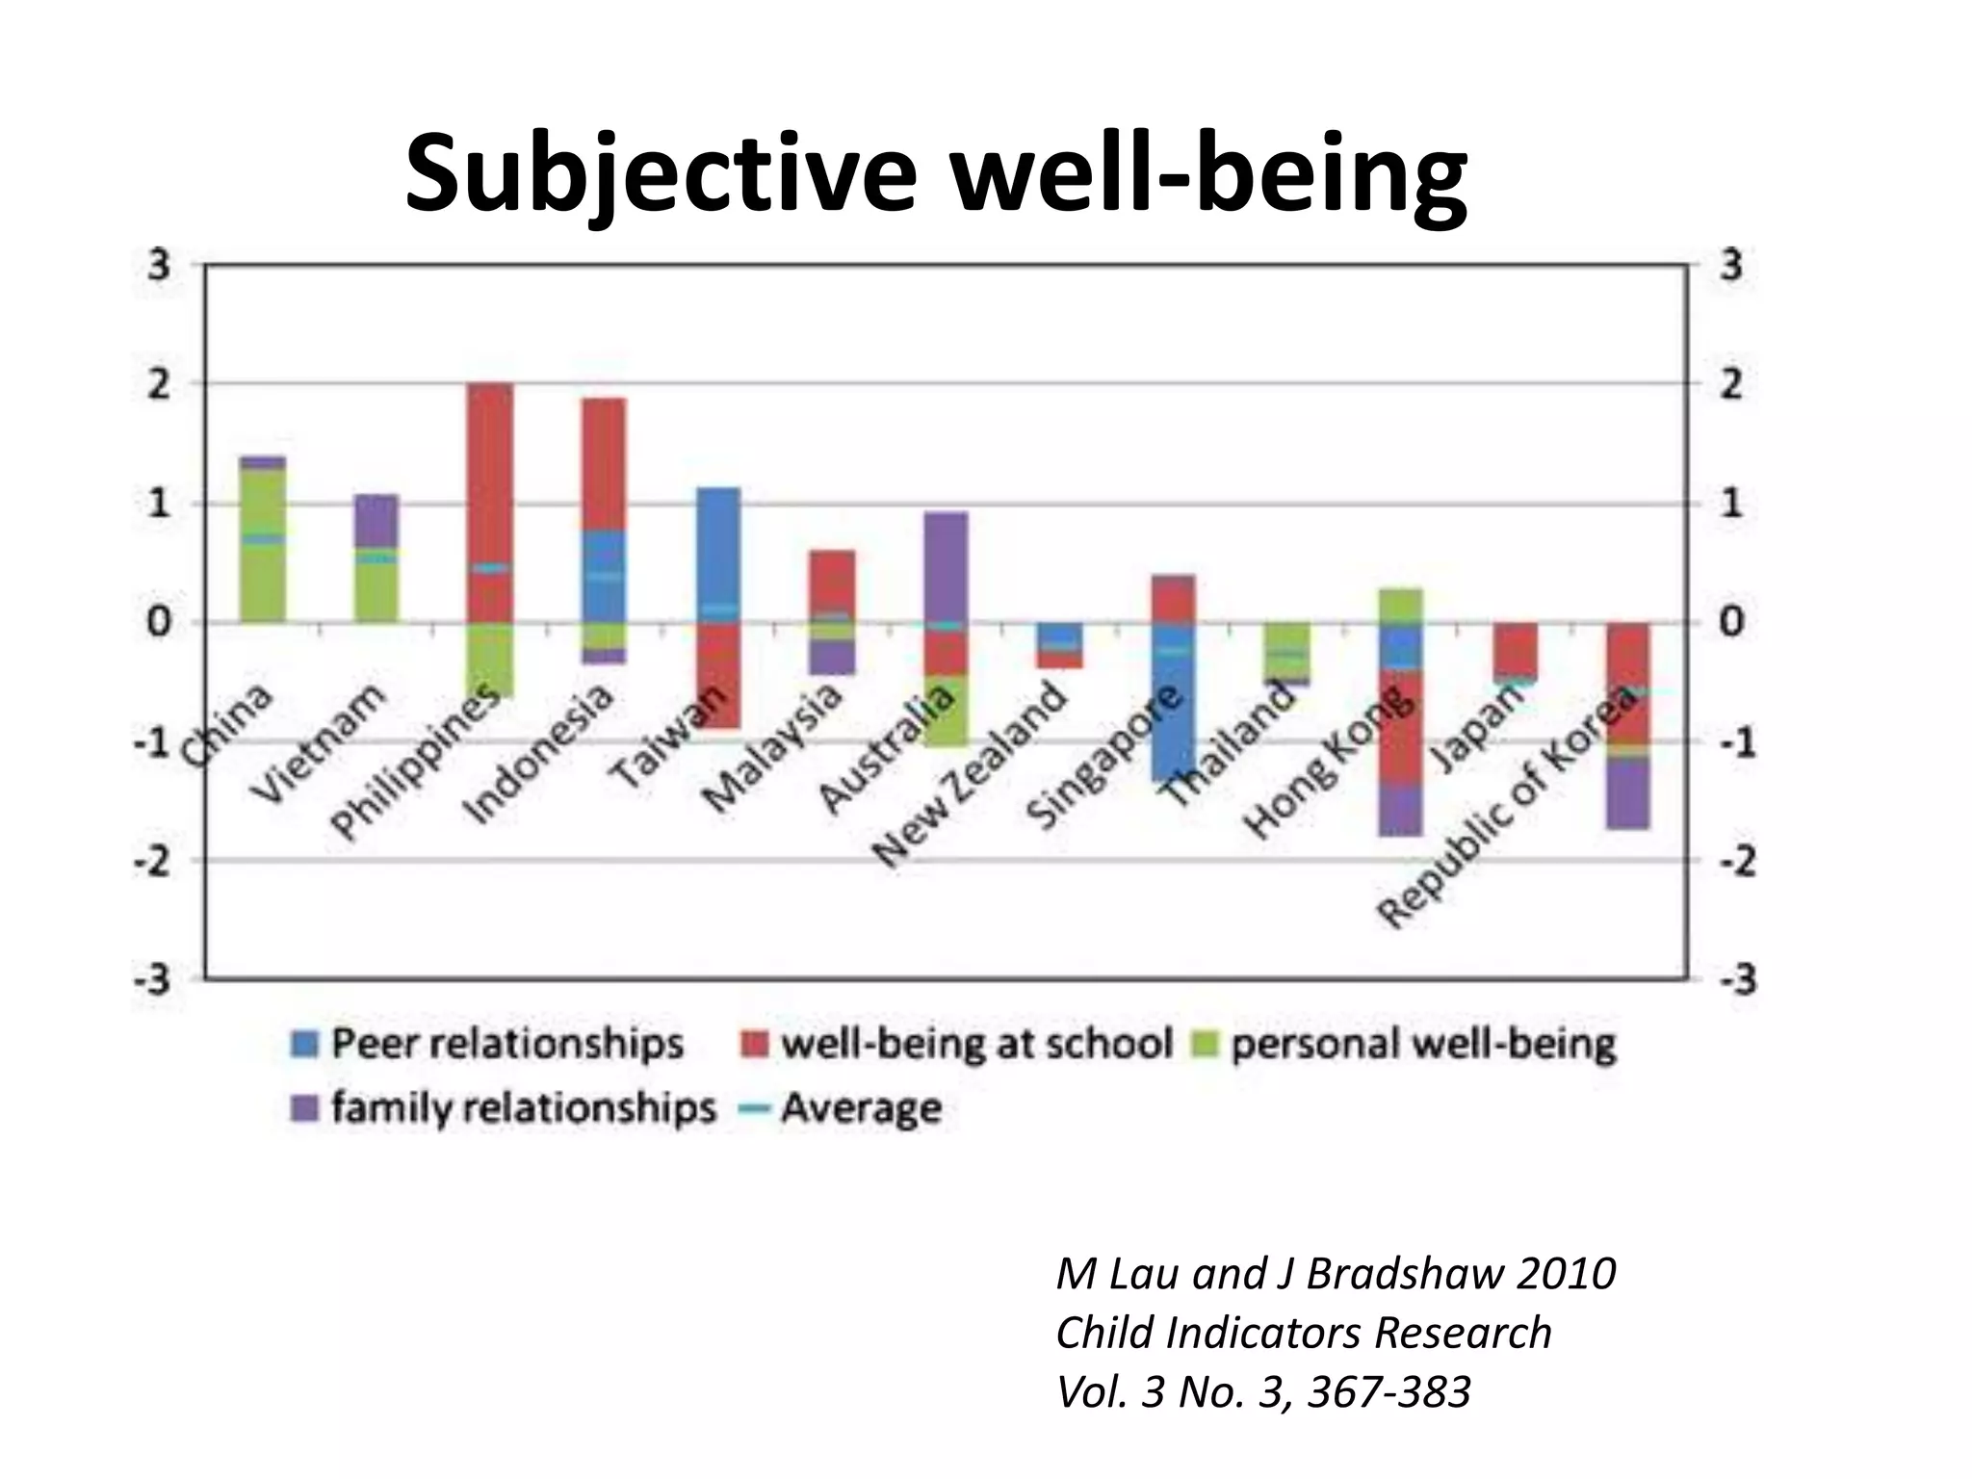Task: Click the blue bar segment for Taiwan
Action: pos(718,549)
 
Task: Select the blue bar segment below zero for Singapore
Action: pos(1173,713)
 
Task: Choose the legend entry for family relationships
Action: pos(504,1108)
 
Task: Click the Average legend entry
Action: pos(841,1108)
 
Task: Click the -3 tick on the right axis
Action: pos(1730,980)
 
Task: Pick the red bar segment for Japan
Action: pos(1515,650)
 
